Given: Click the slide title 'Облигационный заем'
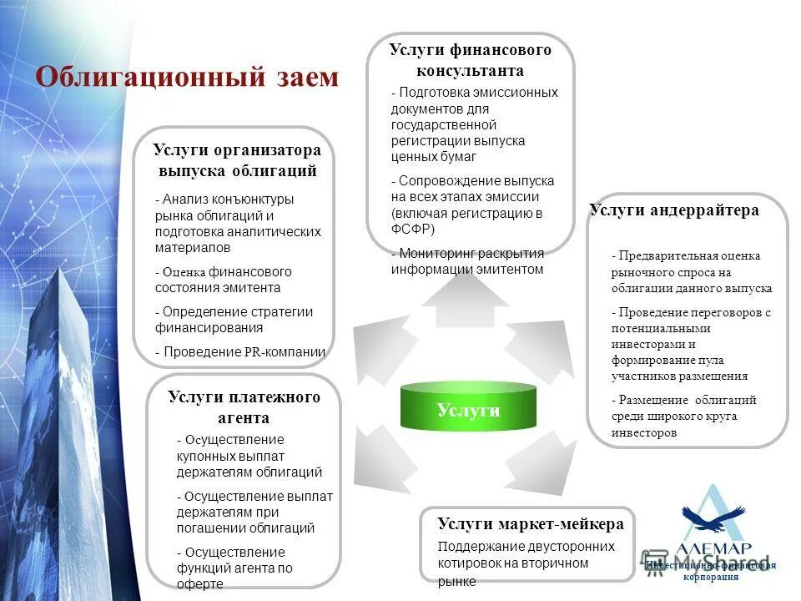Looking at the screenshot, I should coord(187,78).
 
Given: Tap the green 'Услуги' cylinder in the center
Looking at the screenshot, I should coord(468,409).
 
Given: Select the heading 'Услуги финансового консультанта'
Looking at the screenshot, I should coord(470,60).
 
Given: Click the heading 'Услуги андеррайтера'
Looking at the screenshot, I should coord(674,210).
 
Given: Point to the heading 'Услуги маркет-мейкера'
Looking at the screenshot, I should coord(530,524).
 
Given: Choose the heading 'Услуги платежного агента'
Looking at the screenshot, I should coord(244,407).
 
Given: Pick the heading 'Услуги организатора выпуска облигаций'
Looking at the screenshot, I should coord(237,160).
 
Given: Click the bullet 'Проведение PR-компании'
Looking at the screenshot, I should coord(240,351).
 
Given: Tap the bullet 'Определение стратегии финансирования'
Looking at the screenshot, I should coord(234,320).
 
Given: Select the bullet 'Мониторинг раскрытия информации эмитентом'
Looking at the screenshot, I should coord(467,261).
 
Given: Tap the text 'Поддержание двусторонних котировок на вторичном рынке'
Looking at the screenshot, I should coord(526,563).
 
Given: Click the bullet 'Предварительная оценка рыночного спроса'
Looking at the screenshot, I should coord(691,271).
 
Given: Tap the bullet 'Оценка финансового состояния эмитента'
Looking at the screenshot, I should coord(223,280).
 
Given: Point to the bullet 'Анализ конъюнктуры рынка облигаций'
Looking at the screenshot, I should coord(237,223).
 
